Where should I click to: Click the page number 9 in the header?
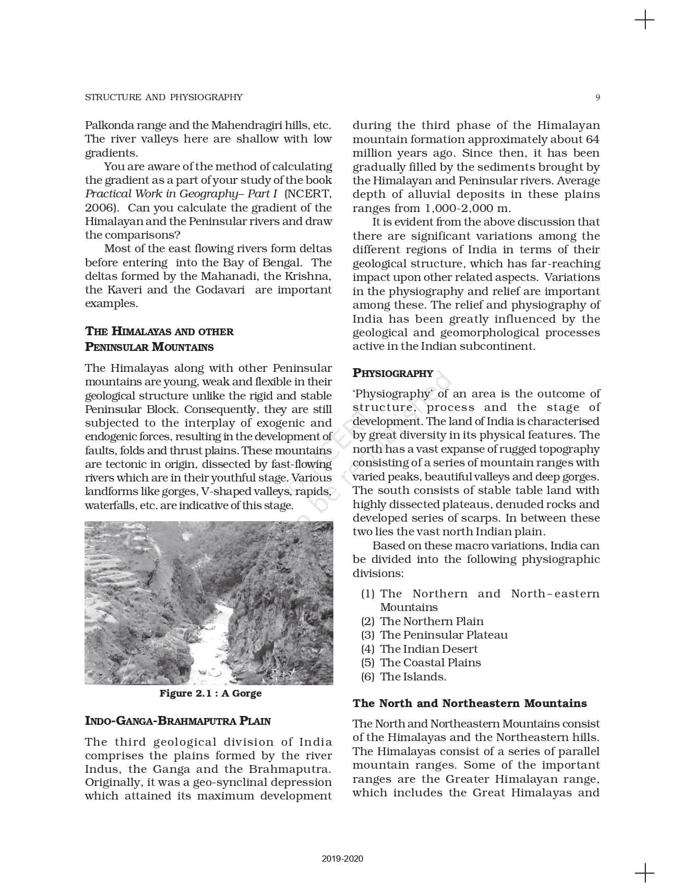597,97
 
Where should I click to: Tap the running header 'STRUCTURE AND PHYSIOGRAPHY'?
163,97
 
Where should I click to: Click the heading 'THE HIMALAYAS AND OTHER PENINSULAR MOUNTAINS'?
159,339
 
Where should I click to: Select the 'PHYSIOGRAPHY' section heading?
393,373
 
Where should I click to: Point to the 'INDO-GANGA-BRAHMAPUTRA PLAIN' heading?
177,721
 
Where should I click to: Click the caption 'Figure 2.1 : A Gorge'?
210,693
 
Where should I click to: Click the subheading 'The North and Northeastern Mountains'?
470,703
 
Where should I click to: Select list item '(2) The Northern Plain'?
422,621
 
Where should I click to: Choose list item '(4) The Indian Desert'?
419,649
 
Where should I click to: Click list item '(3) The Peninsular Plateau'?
434,634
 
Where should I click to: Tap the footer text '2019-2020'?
342,859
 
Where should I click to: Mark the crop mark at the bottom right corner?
645,873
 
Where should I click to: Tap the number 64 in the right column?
592,139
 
